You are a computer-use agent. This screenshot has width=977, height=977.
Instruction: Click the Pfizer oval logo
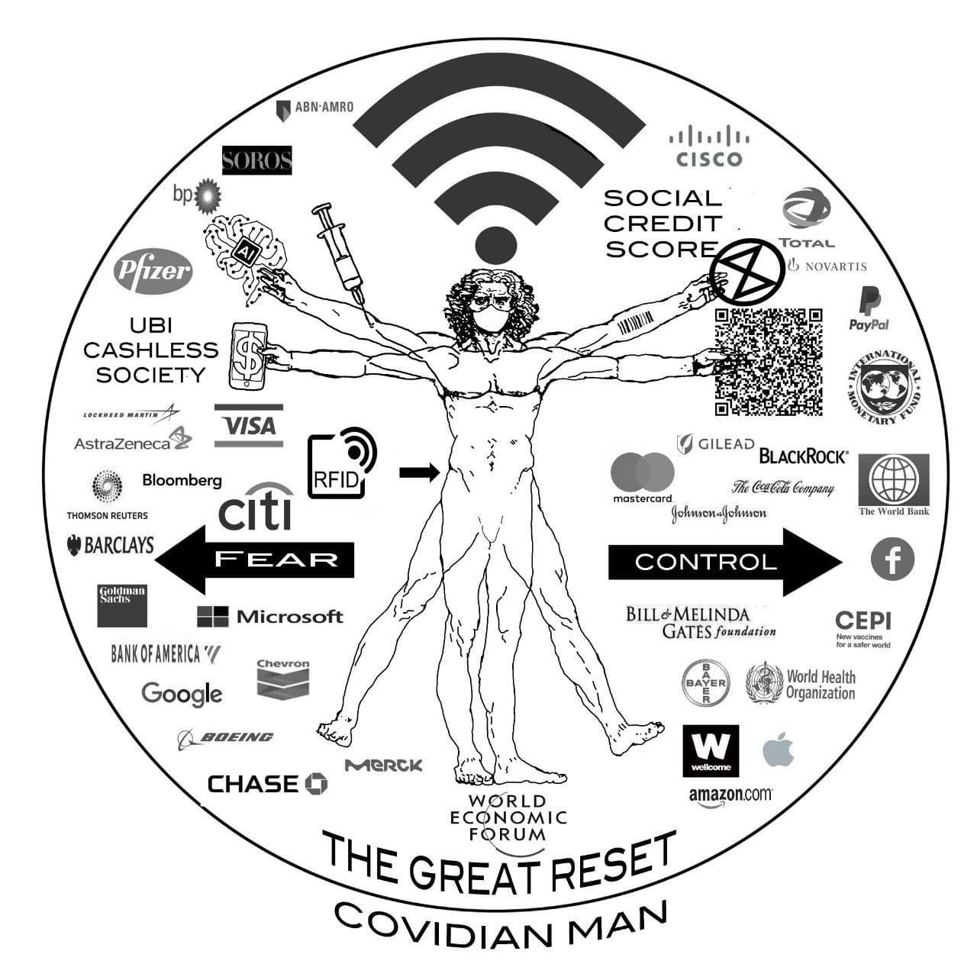tap(153, 271)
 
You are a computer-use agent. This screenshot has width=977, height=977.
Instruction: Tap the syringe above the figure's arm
tap(340, 252)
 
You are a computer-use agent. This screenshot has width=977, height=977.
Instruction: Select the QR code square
tap(769, 361)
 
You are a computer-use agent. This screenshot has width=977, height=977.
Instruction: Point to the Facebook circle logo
tap(892, 559)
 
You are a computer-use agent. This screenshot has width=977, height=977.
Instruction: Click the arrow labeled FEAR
tap(256, 559)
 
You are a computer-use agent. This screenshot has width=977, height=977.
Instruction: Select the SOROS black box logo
tap(256, 160)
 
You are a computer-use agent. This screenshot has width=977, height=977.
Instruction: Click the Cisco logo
tap(709, 147)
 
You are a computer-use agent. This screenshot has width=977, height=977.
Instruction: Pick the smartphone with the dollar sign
tap(249, 356)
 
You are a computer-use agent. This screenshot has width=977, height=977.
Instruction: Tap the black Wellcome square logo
tap(711, 750)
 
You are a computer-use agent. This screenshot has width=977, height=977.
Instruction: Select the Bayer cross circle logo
tap(705, 683)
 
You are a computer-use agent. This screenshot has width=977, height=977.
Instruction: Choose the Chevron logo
tap(283, 679)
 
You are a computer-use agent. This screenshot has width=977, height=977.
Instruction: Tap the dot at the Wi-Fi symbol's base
tap(497, 246)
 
